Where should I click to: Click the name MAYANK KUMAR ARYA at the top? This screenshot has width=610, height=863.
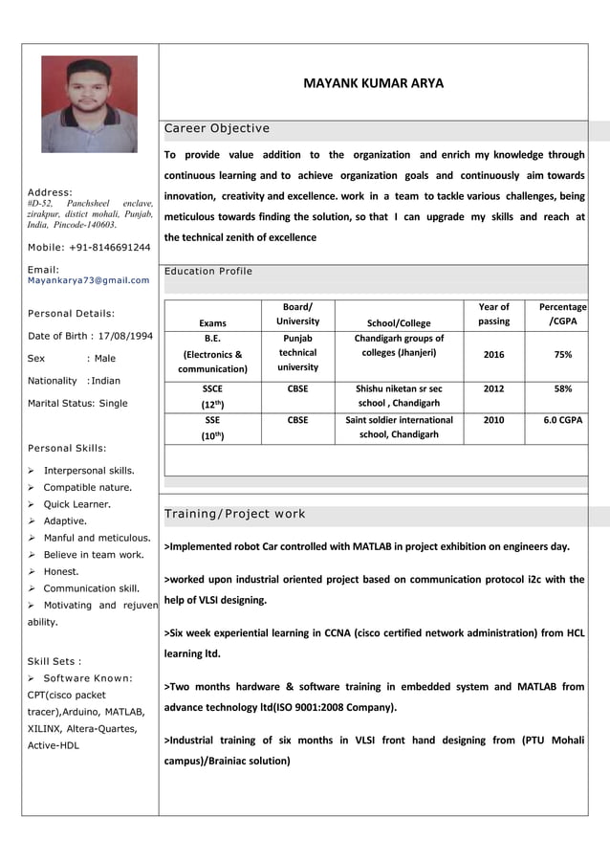(373, 83)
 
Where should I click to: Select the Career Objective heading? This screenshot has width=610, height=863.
(217, 128)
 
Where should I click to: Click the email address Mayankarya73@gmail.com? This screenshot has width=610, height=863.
(88, 280)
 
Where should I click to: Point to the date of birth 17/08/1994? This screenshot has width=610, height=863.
(91, 336)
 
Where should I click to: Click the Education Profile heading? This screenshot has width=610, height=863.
(208, 272)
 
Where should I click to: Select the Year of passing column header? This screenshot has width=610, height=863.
(493, 314)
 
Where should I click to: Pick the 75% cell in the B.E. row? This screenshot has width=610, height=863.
(563, 354)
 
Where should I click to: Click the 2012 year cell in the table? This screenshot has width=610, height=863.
(493, 389)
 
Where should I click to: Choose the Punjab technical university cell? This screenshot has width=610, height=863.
(297, 352)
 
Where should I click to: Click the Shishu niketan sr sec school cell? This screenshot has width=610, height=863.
(399, 396)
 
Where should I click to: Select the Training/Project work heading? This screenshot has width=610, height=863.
(235, 514)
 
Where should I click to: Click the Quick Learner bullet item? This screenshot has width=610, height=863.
(76, 504)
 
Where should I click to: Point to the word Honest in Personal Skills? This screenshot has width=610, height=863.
(61, 572)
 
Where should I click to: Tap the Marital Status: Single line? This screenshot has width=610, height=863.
(77, 403)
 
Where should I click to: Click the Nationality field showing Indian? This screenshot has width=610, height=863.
(75, 381)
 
